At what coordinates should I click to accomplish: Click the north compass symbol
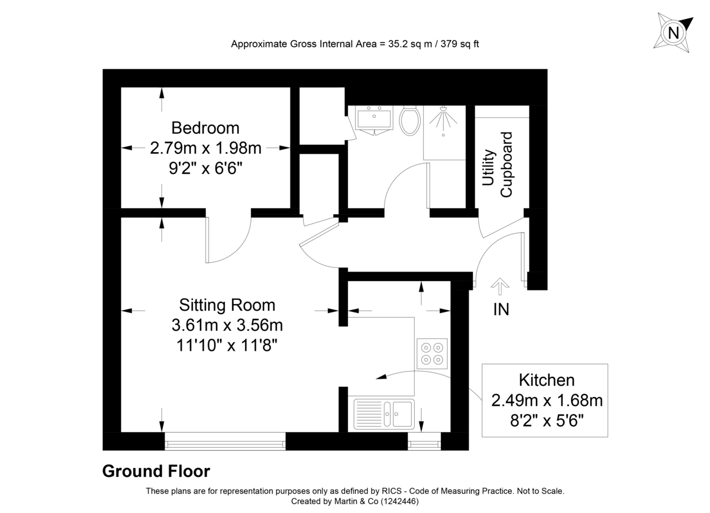[673, 32]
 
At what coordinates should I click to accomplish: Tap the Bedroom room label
[205, 128]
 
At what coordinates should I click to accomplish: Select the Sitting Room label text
[227, 305]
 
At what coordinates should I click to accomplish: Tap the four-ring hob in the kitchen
[432, 353]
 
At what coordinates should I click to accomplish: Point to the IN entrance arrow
[501, 286]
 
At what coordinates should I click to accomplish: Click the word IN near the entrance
[501, 309]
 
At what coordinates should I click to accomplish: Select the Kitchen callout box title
[547, 380]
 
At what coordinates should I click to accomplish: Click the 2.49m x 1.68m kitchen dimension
[547, 401]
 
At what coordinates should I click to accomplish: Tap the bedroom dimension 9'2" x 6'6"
[205, 167]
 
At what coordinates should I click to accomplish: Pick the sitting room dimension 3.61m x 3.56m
[227, 325]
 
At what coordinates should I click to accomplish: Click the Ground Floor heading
[156, 471]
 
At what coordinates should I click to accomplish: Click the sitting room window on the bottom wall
[225, 441]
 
